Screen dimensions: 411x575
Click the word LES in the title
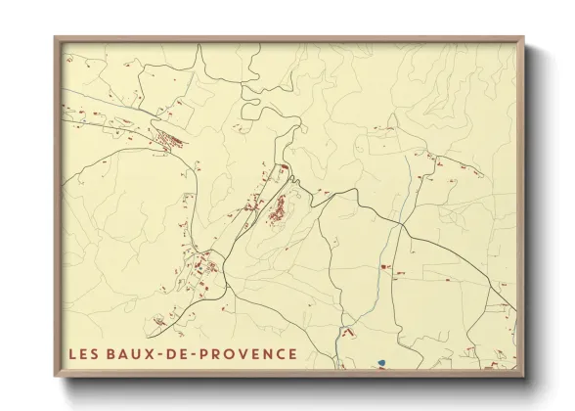click(x=84, y=352)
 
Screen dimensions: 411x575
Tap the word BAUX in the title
click(x=132, y=352)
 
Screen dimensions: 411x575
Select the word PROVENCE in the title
click(x=250, y=352)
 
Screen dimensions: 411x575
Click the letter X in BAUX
click(x=155, y=352)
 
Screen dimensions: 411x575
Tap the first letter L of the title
click(x=72, y=352)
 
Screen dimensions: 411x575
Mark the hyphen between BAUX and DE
click(x=165, y=353)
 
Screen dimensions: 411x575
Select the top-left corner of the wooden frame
click(x=55, y=38)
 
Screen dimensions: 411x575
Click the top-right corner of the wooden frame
click(x=523, y=38)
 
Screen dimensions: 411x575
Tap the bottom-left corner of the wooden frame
click(x=55, y=377)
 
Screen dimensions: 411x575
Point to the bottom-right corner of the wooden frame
click(x=523, y=377)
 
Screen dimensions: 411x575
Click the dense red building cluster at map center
click(x=279, y=208)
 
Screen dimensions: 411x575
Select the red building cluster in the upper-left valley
click(x=171, y=140)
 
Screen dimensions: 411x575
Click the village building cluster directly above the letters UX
click(x=205, y=266)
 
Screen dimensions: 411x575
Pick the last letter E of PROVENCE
click(x=291, y=352)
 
